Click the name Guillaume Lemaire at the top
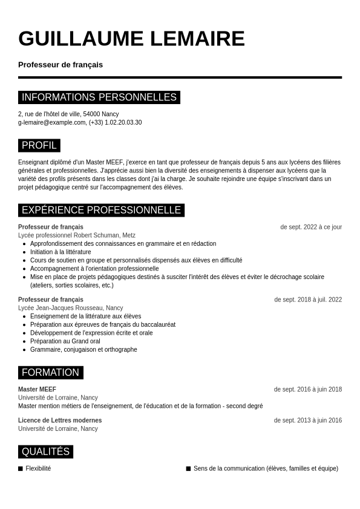click(131, 39)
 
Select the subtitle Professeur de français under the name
click(61, 65)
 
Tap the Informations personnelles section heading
click(99, 97)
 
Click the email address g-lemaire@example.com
click(52, 122)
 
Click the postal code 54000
click(92, 114)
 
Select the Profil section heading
click(39, 145)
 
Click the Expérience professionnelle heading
click(101, 210)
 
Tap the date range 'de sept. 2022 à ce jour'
click(311, 227)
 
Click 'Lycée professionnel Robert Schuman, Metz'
click(77, 235)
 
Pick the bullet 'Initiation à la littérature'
click(61, 252)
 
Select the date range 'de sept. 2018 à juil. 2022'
click(308, 300)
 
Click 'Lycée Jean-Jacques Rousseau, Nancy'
click(70, 308)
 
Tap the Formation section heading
click(50, 372)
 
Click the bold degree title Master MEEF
click(37, 389)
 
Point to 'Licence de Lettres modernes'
click(60, 420)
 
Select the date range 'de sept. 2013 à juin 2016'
click(308, 420)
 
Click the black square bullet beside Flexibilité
click(21, 468)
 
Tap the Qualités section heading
click(45, 452)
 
